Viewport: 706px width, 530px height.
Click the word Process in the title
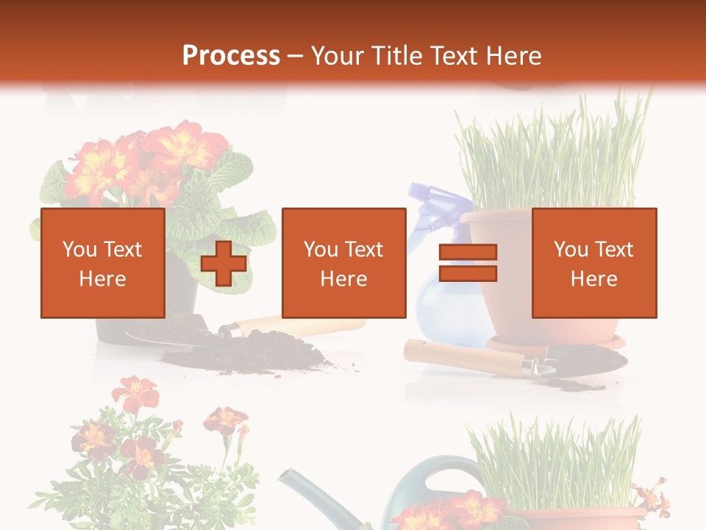pos(231,55)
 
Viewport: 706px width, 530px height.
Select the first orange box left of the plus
pos(102,263)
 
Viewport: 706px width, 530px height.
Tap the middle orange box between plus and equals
pos(343,263)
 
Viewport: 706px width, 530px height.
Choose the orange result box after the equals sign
pos(593,263)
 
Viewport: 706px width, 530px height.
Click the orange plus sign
pos(224,264)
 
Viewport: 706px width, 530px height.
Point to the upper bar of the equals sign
pos(468,252)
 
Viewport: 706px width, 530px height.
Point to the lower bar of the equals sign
pos(468,273)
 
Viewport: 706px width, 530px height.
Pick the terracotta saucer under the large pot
pos(555,343)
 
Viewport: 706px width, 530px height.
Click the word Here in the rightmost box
pos(593,278)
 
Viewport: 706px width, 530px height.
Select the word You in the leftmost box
pos(78,249)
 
